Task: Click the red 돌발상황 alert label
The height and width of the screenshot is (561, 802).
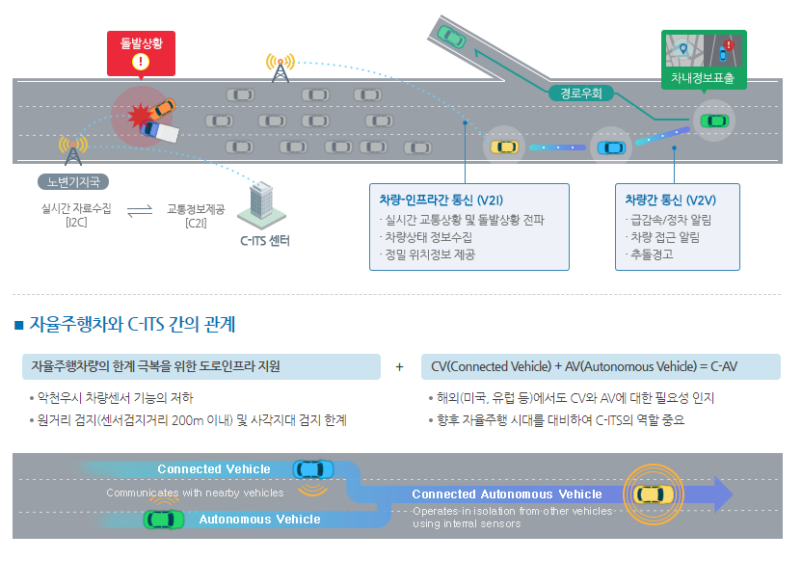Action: [x=142, y=43]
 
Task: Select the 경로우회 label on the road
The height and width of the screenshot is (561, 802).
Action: [x=581, y=93]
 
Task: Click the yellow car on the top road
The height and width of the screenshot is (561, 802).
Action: [x=504, y=147]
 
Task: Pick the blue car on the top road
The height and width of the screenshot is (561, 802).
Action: [x=610, y=147]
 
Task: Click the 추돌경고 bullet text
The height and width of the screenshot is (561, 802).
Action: [x=651, y=254]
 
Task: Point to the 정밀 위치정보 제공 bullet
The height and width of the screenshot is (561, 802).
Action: [x=430, y=254]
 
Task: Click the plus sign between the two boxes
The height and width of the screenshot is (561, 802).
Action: [x=399, y=366]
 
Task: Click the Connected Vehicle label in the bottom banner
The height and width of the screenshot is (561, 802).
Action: [x=214, y=468]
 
